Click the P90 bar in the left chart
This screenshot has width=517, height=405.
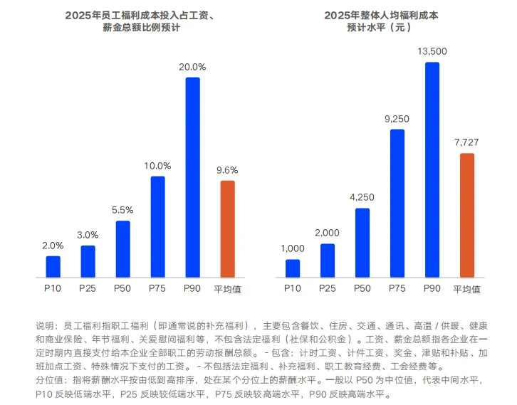192,177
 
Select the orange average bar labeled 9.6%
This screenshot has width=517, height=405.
227,228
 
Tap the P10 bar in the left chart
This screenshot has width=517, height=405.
53,266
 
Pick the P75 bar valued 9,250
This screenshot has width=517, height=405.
397,203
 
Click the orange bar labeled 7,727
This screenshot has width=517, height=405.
466,215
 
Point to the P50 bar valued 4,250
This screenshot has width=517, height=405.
362,242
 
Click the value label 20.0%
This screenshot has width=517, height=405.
192,67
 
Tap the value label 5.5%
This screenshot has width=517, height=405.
122,210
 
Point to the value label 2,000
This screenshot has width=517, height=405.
328,233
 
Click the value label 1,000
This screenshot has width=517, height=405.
293,248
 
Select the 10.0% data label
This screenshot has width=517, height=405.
157,166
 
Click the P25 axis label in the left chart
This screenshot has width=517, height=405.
88,288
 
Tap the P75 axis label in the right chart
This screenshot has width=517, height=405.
397,288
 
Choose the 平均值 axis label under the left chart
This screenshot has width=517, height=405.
227,289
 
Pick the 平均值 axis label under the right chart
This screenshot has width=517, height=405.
466,289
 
